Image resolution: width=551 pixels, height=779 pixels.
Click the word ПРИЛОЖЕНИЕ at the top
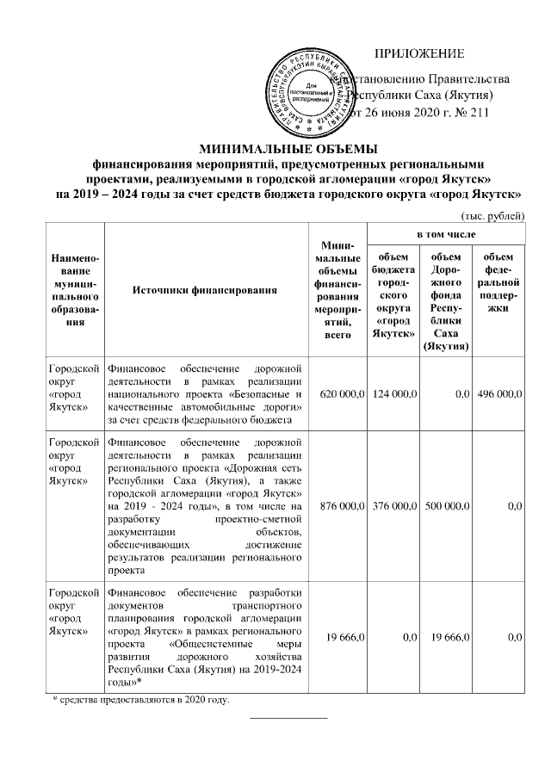click(424, 53)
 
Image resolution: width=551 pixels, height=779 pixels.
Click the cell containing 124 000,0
click(393, 393)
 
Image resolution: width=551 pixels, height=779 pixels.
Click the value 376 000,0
click(393, 507)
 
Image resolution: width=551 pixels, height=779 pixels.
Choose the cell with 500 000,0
click(445, 507)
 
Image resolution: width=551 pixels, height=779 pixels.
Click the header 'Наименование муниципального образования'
click(74, 289)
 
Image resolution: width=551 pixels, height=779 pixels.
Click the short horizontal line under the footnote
click(288, 716)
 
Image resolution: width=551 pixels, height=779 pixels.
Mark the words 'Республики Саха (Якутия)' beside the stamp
click(418, 96)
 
